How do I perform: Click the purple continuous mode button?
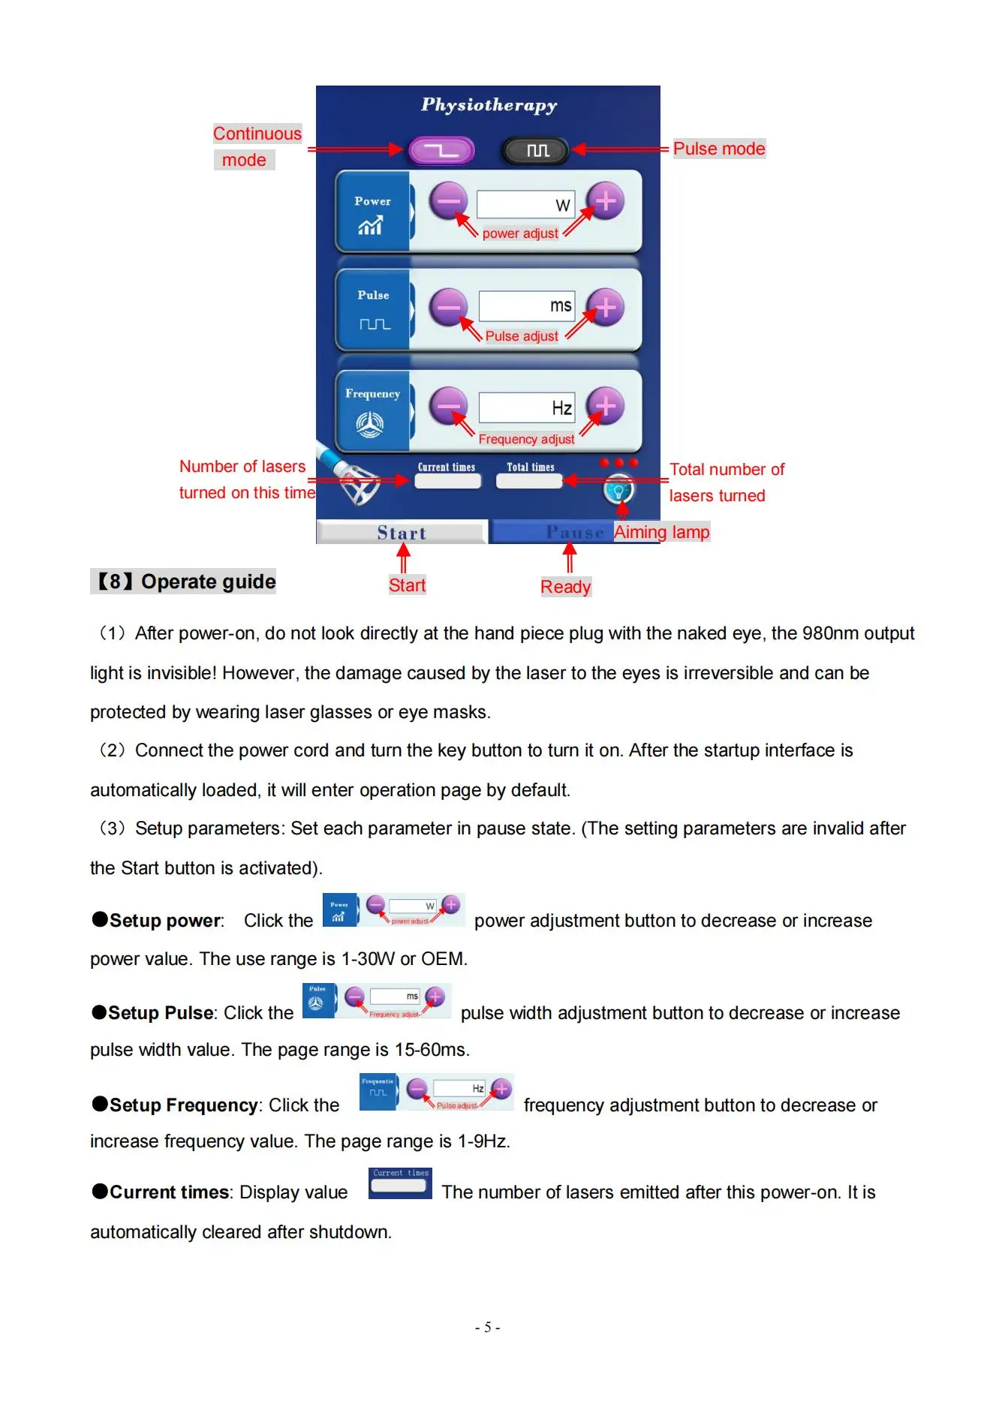[x=441, y=150]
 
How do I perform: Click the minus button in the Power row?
[x=448, y=200]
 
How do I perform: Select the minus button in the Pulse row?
[x=448, y=307]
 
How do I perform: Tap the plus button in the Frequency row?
[x=605, y=406]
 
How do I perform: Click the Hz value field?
[x=526, y=407]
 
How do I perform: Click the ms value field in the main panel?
[x=526, y=305]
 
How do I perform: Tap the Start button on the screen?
[x=402, y=533]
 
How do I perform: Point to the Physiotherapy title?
[x=489, y=105]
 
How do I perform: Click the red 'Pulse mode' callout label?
[x=718, y=149]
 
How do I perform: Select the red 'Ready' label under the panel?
[x=565, y=587]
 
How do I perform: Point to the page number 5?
[x=487, y=1327]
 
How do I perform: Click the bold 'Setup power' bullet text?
[x=165, y=921]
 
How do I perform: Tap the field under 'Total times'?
[x=529, y=482]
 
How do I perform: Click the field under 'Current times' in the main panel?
[x=447, y=482]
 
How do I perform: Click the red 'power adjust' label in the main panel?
[x=520, y=233]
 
